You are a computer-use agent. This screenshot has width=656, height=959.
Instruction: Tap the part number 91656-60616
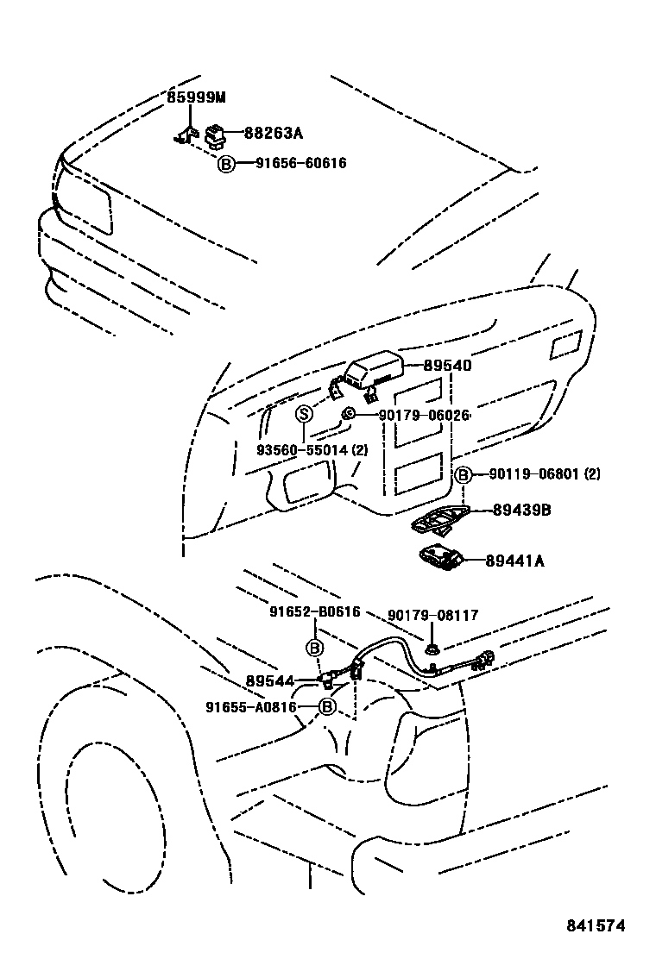(300, 163)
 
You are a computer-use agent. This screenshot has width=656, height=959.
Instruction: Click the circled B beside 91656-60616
(225, 164)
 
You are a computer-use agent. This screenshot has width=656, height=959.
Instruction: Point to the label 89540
(446, 366)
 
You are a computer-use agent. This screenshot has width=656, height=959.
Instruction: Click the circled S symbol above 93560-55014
(304, 414)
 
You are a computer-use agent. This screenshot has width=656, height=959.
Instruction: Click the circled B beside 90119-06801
(463, 474)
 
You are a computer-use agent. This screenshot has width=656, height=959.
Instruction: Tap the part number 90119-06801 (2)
(544, 474)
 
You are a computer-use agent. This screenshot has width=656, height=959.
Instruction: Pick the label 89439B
(521, 511)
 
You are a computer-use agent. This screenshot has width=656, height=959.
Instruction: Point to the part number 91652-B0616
(314, 612)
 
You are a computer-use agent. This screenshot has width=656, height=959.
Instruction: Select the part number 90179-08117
(432, 616)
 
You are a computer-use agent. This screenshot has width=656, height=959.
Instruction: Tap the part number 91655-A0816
(251, 707)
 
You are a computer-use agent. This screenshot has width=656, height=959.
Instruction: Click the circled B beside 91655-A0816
(327, 707)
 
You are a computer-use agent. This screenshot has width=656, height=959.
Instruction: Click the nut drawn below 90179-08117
(431, 647)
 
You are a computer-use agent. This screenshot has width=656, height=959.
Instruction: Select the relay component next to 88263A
(214, 133)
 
